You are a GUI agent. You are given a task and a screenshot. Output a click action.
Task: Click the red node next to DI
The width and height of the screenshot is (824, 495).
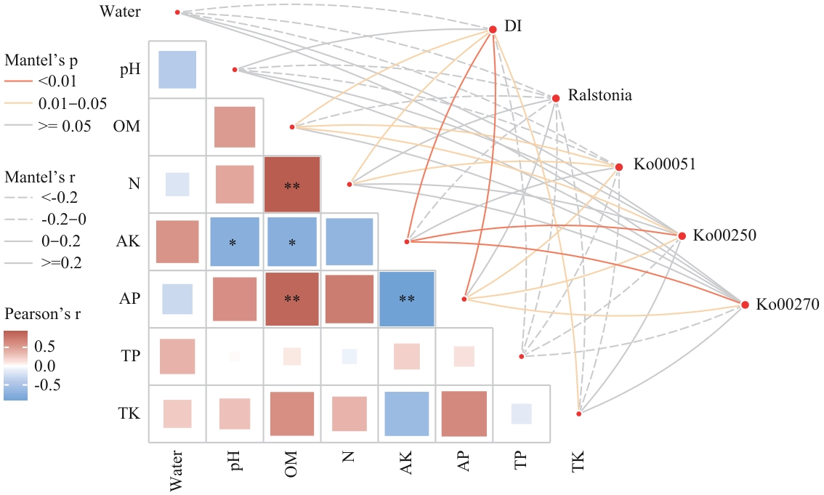(x=493, y=29)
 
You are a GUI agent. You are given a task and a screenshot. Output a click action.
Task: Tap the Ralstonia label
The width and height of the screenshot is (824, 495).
(x=600, y=95)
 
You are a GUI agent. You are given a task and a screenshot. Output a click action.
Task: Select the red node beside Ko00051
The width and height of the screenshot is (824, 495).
(x=619, y=167)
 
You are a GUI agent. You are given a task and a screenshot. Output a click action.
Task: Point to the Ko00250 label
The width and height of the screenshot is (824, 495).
(x=724, y=236)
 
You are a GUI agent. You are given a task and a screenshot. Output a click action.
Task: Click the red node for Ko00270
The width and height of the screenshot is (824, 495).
(x=745, y=305)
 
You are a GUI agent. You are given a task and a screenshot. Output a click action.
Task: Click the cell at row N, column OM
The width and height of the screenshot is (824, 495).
(x=292, y=185)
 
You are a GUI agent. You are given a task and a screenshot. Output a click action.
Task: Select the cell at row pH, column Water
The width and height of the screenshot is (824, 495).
(x=177, y=70)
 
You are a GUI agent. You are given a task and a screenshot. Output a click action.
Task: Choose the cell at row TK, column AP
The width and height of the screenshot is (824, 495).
(x=464, y=414)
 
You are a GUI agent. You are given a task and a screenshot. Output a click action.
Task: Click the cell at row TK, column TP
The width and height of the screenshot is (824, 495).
(x=521, y=414)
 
